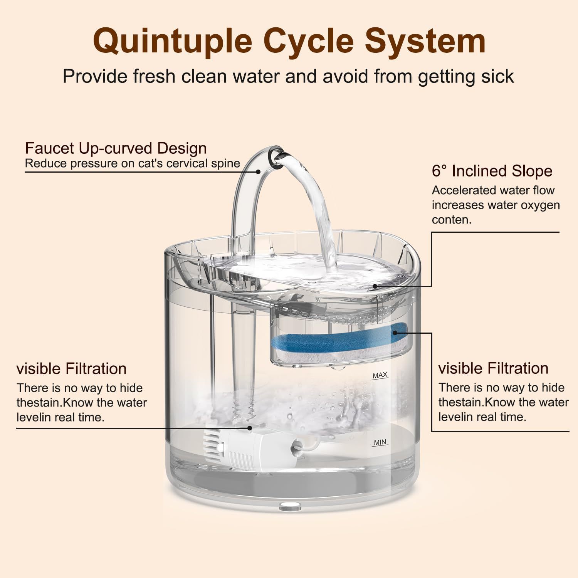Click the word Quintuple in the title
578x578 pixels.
172,41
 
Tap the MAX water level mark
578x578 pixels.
380,375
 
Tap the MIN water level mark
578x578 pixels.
380,442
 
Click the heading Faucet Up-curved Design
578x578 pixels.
116,148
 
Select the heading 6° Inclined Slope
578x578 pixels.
492,171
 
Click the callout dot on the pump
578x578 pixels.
250,428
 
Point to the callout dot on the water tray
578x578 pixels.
374,286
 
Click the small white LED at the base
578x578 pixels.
289,504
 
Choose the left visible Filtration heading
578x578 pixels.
71,369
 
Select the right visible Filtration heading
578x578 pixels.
493,368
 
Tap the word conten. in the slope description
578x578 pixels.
452,220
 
